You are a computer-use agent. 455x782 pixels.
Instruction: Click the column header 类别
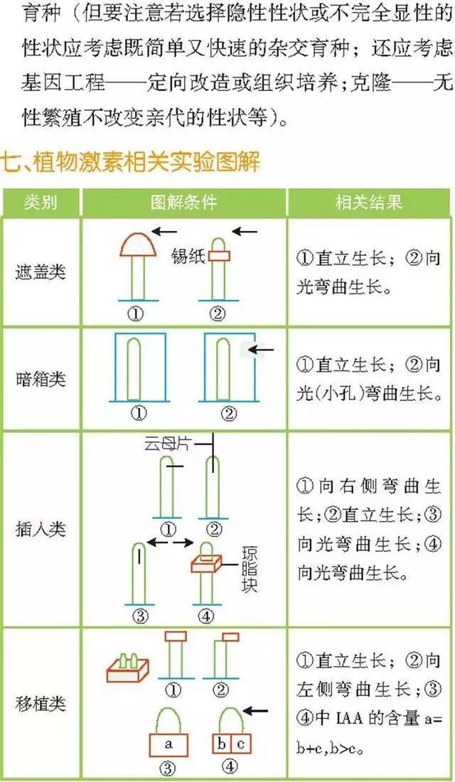(x=41, y=203)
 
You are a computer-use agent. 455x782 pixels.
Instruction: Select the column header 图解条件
(x=184, y=203)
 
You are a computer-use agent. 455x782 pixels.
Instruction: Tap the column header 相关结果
(x=369, y=203)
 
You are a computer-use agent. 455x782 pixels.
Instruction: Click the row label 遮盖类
(x=41, y=272)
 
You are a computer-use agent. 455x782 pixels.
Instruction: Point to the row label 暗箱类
(x=41, y=379)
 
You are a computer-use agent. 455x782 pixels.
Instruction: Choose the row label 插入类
(x=41, y=529)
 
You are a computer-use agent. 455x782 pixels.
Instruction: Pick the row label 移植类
(x=41, y=704)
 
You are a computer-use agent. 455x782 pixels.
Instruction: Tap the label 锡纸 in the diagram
(x=188, y=256)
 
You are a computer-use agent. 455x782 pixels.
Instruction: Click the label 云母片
(x=167, y=444)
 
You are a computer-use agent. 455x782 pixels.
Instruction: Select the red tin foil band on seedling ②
(x=219, y=256)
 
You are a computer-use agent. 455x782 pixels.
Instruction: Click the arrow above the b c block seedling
(x=255, y=711)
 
